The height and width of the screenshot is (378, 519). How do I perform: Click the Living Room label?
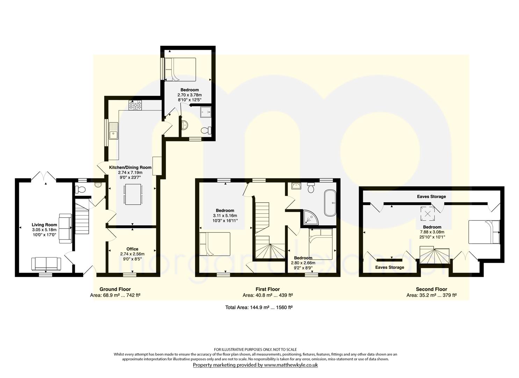(44, 225)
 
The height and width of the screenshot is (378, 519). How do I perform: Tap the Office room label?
(132, 249)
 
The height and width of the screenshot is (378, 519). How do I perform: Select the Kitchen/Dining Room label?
(130, 167)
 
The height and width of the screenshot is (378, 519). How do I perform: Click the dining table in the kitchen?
(133, 194)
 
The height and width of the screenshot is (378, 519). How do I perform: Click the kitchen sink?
(114, 131)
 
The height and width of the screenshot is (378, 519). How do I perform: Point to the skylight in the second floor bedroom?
(427, 213)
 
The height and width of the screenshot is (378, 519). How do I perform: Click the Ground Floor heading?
(115, 289)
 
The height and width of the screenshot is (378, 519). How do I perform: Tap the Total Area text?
(259, 307)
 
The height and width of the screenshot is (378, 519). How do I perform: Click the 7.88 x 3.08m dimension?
(432, 232)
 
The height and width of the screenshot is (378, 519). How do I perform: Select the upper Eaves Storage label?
(431, 197)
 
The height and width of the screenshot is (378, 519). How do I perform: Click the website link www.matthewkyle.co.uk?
(291, 365)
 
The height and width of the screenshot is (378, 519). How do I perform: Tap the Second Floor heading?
(431, 289)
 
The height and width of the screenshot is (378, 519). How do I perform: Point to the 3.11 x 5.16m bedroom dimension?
(225, 216)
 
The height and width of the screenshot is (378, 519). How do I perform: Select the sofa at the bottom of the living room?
(46, 264)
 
